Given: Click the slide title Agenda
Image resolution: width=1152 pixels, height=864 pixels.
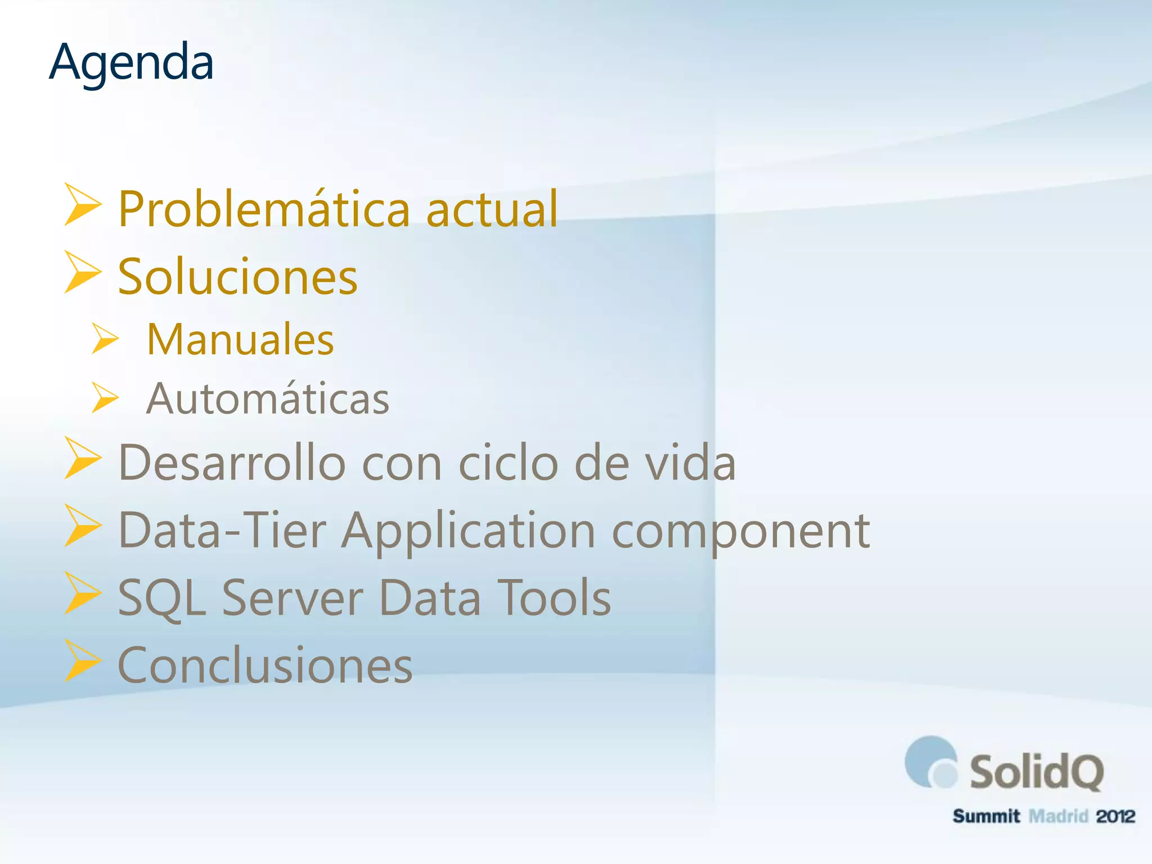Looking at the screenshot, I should click(131, 63).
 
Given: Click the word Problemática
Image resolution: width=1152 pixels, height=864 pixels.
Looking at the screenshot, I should click(264, 209).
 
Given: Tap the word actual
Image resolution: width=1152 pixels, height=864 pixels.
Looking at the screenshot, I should click(492, 209).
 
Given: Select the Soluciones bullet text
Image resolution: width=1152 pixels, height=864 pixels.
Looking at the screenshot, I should click(238, 277).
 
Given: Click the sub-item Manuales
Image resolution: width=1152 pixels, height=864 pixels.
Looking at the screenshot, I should click(240, 340).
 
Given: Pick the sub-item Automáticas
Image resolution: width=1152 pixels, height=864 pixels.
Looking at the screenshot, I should click(268, 399).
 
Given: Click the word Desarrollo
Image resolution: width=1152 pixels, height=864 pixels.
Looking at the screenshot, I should click(232, 463).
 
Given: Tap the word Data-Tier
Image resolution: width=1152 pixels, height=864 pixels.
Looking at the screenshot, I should click(222, 530).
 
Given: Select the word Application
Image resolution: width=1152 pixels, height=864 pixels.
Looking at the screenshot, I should click(469, 532).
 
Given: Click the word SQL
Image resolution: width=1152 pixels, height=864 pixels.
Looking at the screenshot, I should click(162, 598).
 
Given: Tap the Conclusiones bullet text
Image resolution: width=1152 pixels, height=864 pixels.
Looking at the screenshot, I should click(265, 665).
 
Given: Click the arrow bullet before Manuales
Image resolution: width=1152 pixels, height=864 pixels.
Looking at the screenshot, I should click(105, 339).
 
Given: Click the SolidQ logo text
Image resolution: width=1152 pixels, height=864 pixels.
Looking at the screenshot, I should click(1036, 772).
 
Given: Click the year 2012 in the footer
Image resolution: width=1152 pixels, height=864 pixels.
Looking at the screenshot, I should click(1115, 816).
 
